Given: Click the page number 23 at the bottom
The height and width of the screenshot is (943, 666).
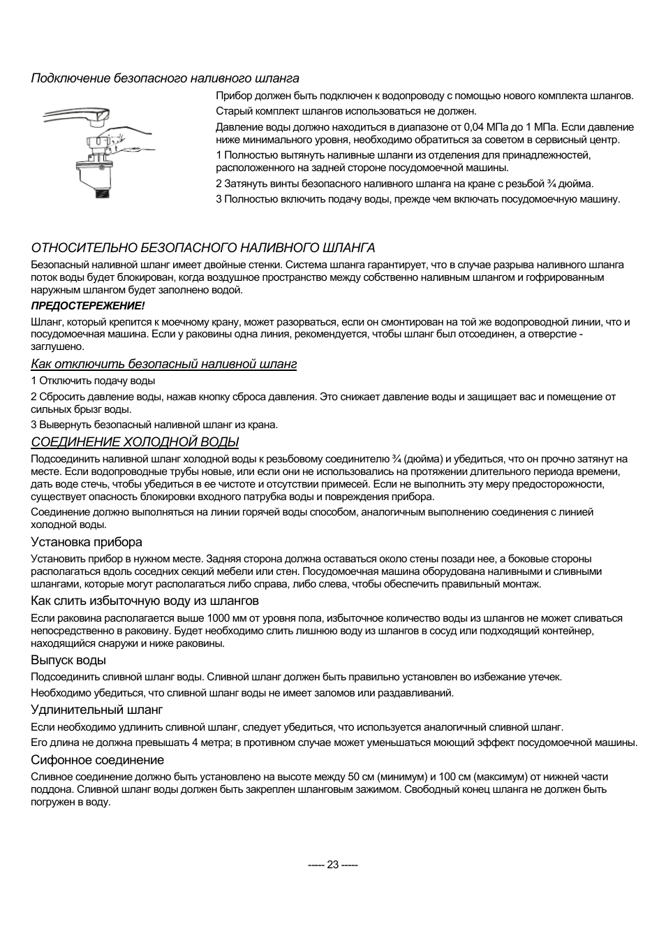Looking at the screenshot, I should click(x=332, y=864).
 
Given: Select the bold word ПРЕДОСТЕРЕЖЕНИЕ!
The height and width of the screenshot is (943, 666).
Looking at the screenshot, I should click(x=87, y=306).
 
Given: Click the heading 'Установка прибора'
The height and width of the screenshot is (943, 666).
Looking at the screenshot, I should click(x=86, y=542).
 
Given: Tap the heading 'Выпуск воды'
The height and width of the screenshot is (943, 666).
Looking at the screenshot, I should click(x=68, y=660).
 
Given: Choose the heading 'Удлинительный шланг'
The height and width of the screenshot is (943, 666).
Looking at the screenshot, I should click(x=96, y=710).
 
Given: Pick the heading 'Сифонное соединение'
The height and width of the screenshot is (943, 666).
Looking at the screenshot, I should click(x=97, y=760).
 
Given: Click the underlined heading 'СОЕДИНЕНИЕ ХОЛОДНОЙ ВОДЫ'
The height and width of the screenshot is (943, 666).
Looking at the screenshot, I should click(x=135, y=442).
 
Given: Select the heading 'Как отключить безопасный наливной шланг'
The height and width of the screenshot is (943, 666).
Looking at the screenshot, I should click(x=163, y=364).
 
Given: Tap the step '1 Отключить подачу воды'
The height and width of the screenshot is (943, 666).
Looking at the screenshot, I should click(x=93, y=381).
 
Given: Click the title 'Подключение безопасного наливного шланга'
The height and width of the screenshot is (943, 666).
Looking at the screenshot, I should click(x=165, y=78).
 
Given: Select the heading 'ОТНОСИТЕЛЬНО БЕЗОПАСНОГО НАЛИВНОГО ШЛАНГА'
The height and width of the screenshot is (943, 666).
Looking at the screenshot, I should click(x=202, y=248).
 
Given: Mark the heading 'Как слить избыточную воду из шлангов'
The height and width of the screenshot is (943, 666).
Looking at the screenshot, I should click(x=145, y=601).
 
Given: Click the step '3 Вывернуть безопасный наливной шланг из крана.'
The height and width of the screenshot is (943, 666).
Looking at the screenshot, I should click(x=154, y=425).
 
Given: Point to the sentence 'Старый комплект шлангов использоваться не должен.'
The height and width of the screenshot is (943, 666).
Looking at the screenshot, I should click(x=346, y=111).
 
